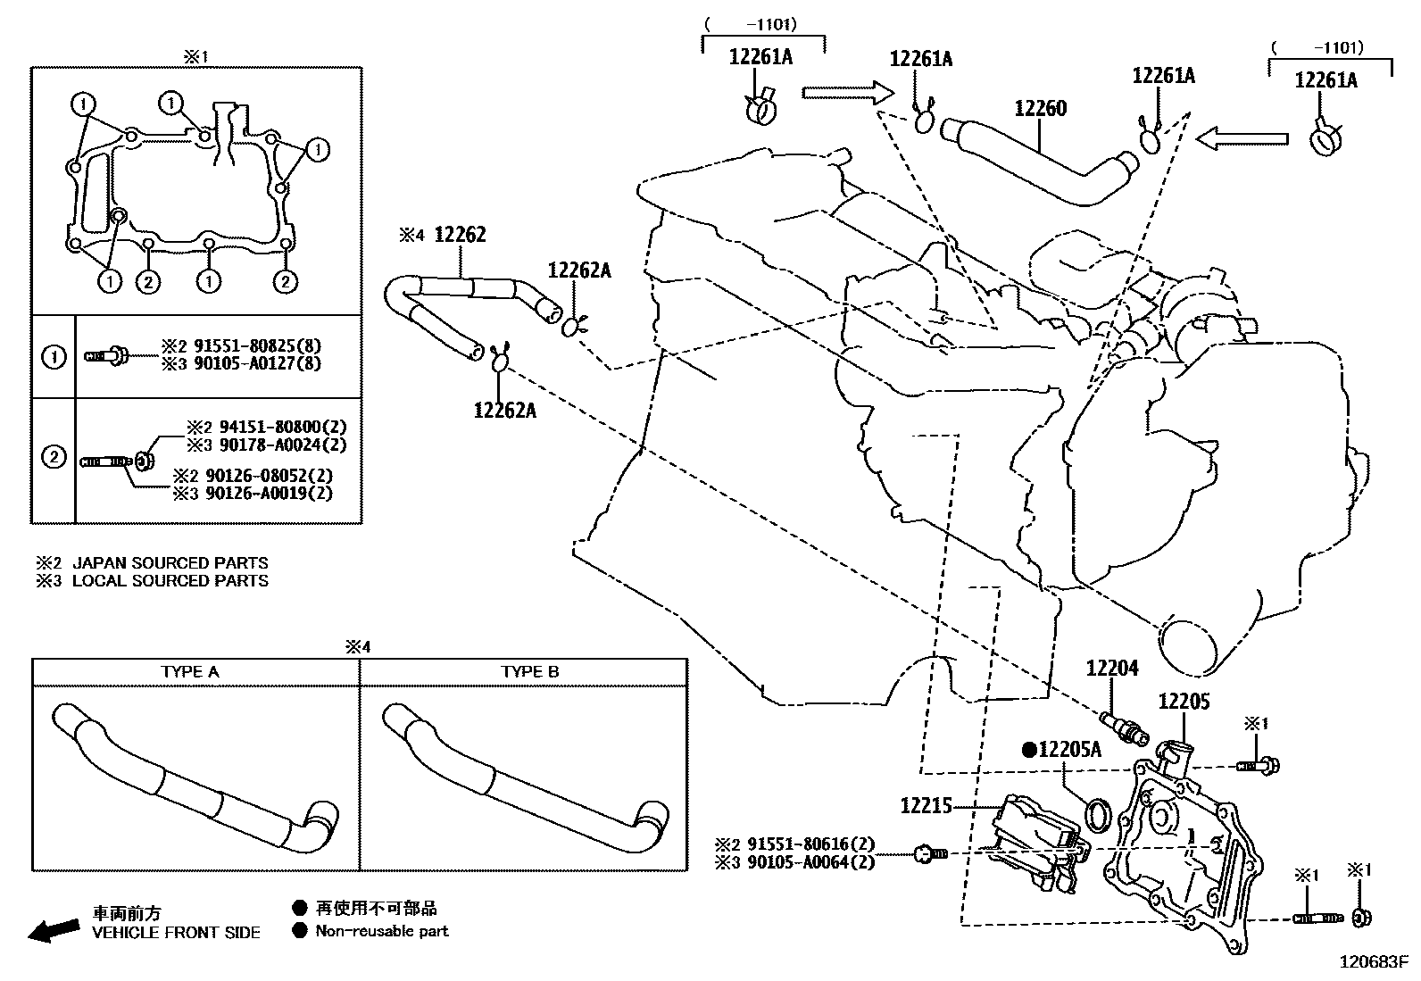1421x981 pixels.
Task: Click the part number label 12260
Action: click(1040, 109)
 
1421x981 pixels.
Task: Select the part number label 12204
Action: click(1112, 668)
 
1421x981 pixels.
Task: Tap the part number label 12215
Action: click(927, 805)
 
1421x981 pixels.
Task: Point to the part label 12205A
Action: click(1069, 750)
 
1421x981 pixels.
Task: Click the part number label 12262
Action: click(460, 235)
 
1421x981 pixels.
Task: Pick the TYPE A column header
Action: click(189, 671)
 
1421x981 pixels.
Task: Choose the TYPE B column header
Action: click(529, 671)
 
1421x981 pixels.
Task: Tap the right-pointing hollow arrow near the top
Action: click(847, 92)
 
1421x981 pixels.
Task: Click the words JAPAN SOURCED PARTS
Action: click(170, 563)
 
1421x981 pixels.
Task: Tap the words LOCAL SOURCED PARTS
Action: click(170, 581)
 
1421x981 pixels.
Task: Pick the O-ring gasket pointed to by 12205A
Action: click(1099, 814)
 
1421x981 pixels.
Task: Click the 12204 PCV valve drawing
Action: click(1124, 725)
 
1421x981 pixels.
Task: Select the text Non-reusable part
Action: click(381, 931)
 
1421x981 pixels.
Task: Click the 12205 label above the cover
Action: click(1184, 702)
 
